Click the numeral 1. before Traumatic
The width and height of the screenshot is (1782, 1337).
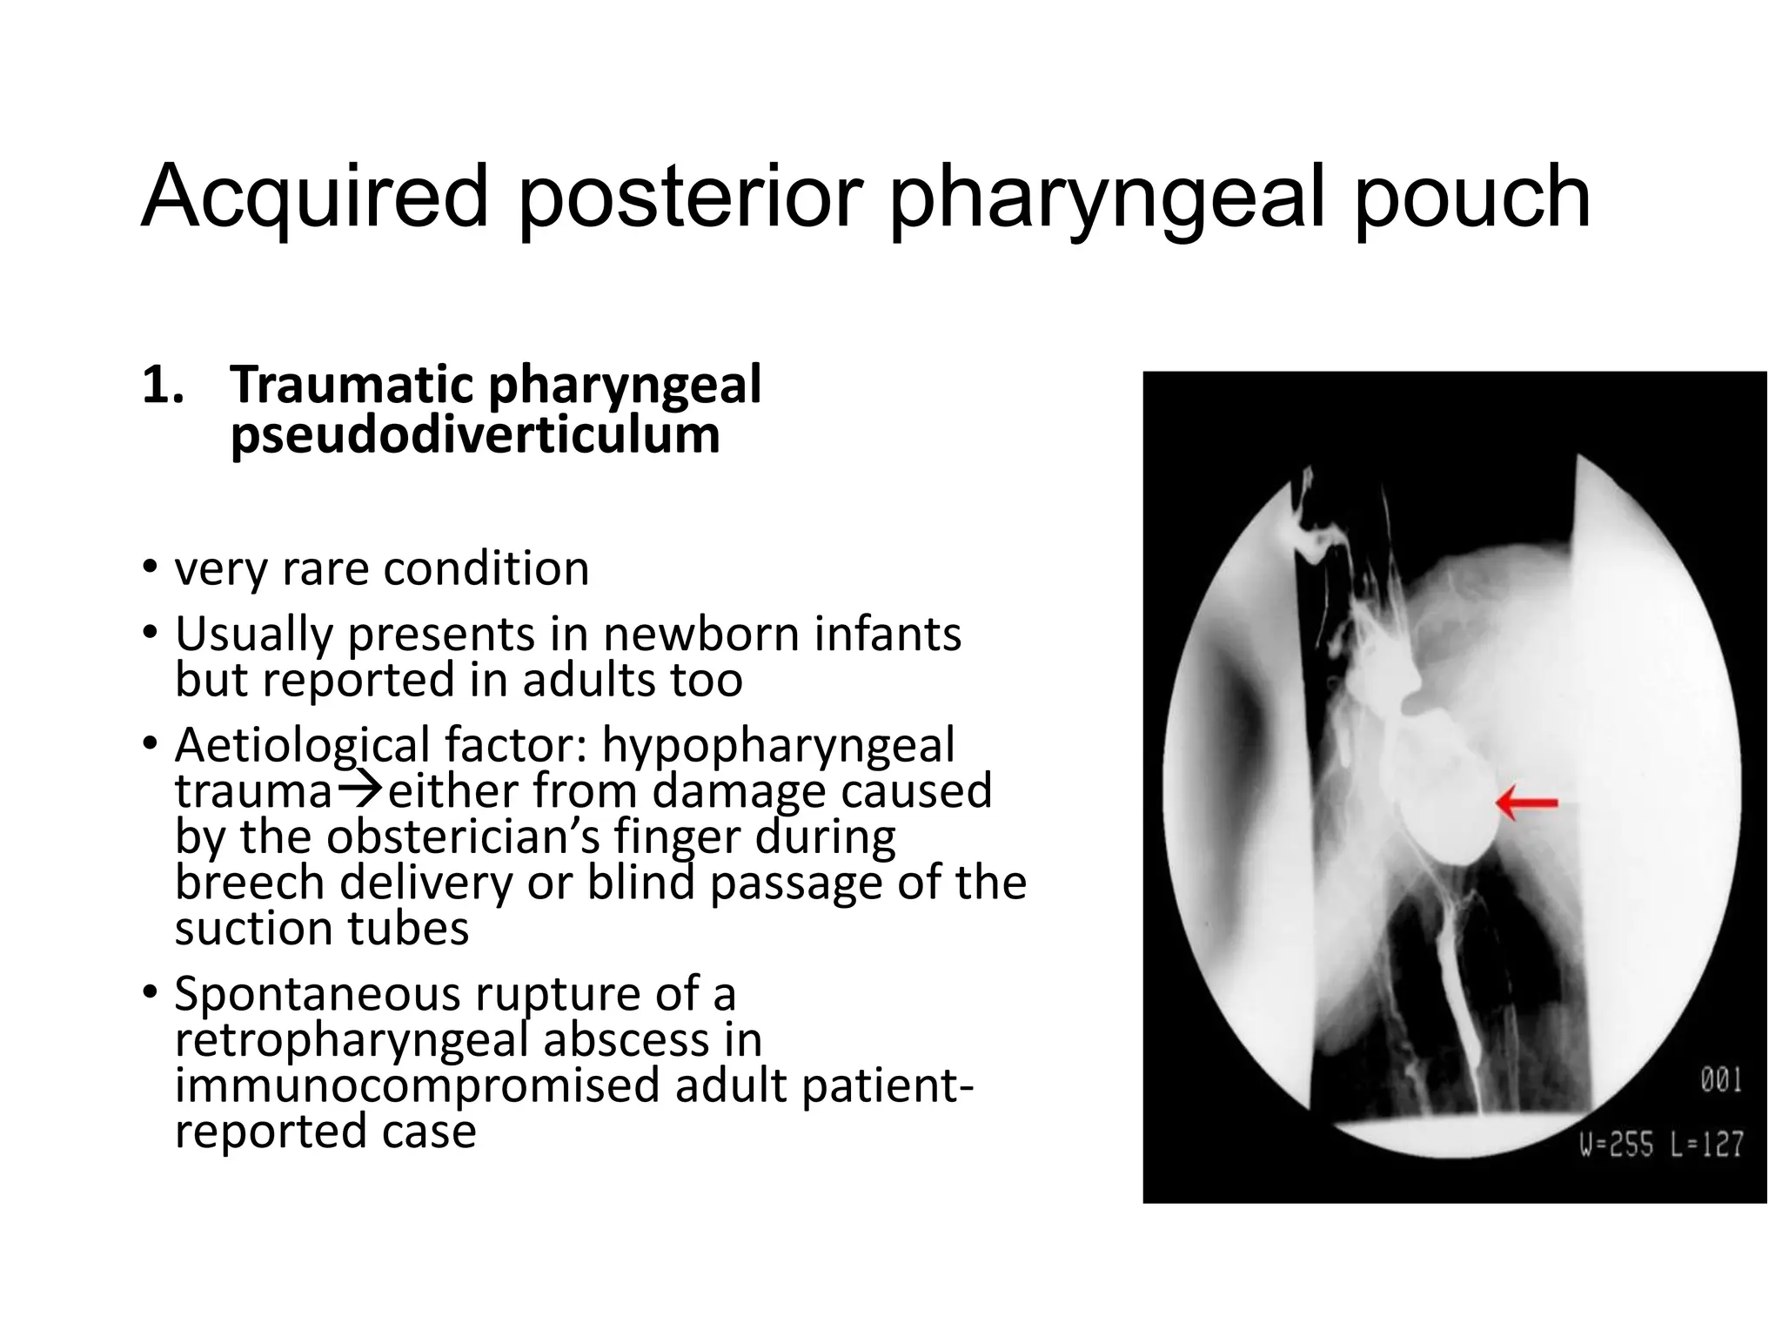[163, 386]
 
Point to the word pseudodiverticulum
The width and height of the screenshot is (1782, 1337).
[475, 434]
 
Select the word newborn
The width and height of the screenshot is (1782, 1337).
[703, 634]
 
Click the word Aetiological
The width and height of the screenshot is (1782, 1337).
[303, 745]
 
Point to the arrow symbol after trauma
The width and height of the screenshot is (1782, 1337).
[359, 789]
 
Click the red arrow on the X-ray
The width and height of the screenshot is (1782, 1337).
[1527, 803]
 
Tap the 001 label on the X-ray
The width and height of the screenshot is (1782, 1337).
[1721, 1081]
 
